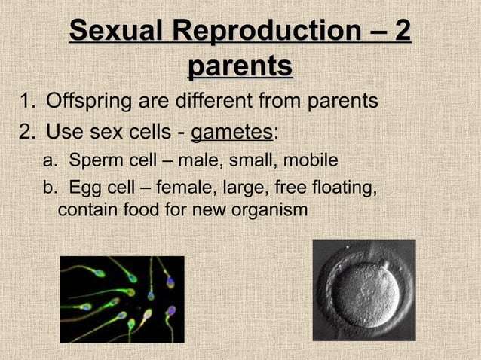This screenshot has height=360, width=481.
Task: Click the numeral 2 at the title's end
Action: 403,32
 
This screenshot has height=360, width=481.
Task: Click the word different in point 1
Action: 225,101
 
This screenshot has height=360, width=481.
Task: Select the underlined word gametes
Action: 231,133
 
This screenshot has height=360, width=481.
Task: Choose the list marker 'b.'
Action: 50,186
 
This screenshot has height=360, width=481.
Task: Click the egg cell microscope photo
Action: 363,290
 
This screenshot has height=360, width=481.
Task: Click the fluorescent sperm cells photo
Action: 122,299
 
